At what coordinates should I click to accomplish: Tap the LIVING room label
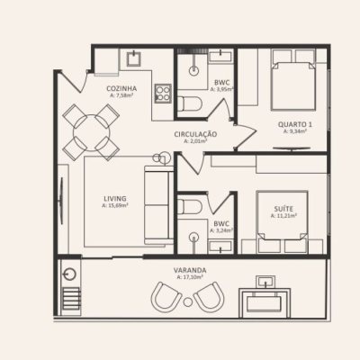point(114,197)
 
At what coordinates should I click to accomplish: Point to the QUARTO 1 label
point(294,123)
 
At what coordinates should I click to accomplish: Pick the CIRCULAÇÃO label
point(196,134)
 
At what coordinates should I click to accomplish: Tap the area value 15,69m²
point(114,205)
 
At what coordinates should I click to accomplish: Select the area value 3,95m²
point(222,89)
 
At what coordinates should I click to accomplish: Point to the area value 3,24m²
point(221,229)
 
